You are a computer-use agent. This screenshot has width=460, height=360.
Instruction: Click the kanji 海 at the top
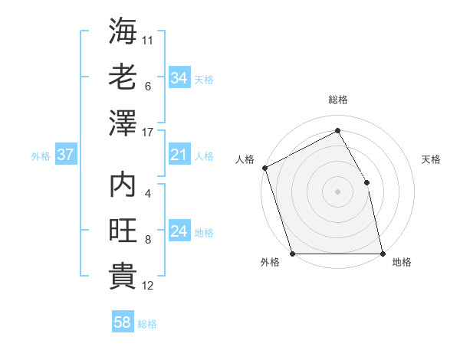123,32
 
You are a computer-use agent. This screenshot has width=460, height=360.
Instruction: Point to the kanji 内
123,187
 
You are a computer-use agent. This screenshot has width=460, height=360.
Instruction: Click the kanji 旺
123,231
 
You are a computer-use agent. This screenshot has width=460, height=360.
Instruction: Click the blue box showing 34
179,77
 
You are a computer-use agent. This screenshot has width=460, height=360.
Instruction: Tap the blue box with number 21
179,155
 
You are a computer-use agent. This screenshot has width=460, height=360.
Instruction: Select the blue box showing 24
179,232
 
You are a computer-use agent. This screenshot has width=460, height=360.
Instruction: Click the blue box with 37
65,155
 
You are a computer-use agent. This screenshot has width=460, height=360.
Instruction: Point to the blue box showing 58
123,323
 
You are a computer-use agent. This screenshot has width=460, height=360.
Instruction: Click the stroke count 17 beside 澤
148,133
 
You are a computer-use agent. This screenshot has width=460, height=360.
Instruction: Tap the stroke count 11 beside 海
148,38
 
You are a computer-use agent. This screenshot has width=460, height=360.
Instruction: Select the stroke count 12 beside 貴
148,286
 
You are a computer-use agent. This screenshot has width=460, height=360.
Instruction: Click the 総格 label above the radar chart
338,100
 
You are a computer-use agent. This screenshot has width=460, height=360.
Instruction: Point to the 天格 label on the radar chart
431,159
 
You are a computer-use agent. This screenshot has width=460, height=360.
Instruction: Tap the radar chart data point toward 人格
264,168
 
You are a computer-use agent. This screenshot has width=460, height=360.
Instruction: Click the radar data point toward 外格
293,254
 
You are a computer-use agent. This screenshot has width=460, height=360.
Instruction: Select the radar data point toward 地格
383,254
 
